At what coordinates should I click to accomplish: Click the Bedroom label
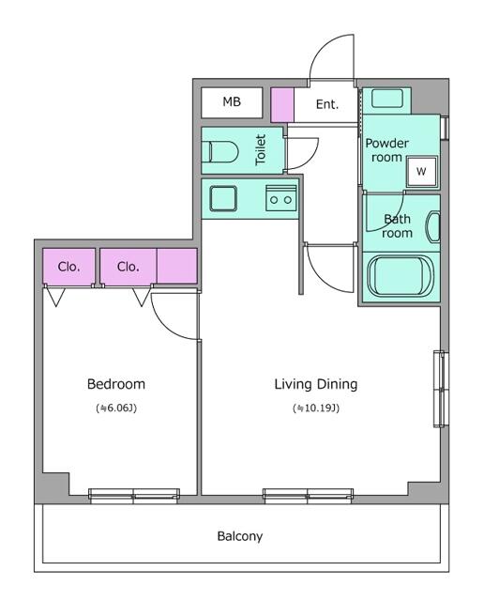[115, 384]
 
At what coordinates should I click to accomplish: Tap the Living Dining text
[315, 384]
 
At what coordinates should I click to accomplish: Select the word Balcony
[240, 537]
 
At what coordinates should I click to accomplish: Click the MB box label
[232, 102]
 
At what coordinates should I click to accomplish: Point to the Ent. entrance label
[326, 104]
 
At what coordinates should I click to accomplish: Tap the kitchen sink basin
[223, 199]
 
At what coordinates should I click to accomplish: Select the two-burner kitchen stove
[280, 198]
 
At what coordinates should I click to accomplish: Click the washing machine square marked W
[420, 172]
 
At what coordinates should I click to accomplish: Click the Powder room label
[387, 150]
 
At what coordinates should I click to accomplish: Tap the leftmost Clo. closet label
[68, 267]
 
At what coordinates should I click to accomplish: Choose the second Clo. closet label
[128, 267]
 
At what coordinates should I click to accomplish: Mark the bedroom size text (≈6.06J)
[115, 408]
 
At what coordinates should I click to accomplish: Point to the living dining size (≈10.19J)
[315, 408]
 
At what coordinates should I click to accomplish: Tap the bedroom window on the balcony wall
[133, 495]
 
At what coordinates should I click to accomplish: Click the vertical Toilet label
[261, 150]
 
